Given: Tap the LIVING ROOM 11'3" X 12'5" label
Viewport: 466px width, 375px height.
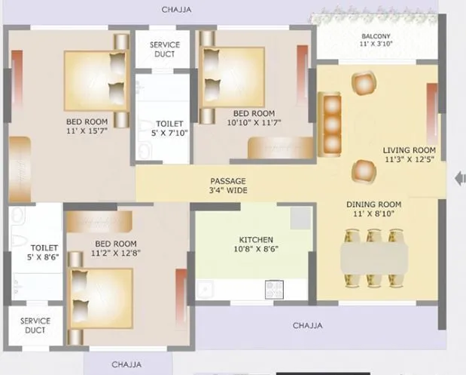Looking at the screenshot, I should coord(410,155).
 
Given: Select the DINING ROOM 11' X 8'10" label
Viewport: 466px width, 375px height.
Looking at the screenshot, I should coord(373,210).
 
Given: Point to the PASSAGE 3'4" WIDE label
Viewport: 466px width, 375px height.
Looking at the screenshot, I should coord(228,186).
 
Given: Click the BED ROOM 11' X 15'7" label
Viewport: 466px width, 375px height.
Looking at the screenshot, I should coord(87,126).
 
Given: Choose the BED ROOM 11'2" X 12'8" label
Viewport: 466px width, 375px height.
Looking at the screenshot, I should coord(115,248).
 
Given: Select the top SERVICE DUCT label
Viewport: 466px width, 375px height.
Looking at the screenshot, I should coord(164,50).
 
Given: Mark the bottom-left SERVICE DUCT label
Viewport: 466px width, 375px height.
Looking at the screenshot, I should coord(35,325).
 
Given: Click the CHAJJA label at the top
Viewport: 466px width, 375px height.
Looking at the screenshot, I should coord(177,10).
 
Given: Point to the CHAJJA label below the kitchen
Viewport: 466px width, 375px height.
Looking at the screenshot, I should coord(307,326).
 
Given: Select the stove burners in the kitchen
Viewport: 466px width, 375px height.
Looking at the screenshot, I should coord(273,289).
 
